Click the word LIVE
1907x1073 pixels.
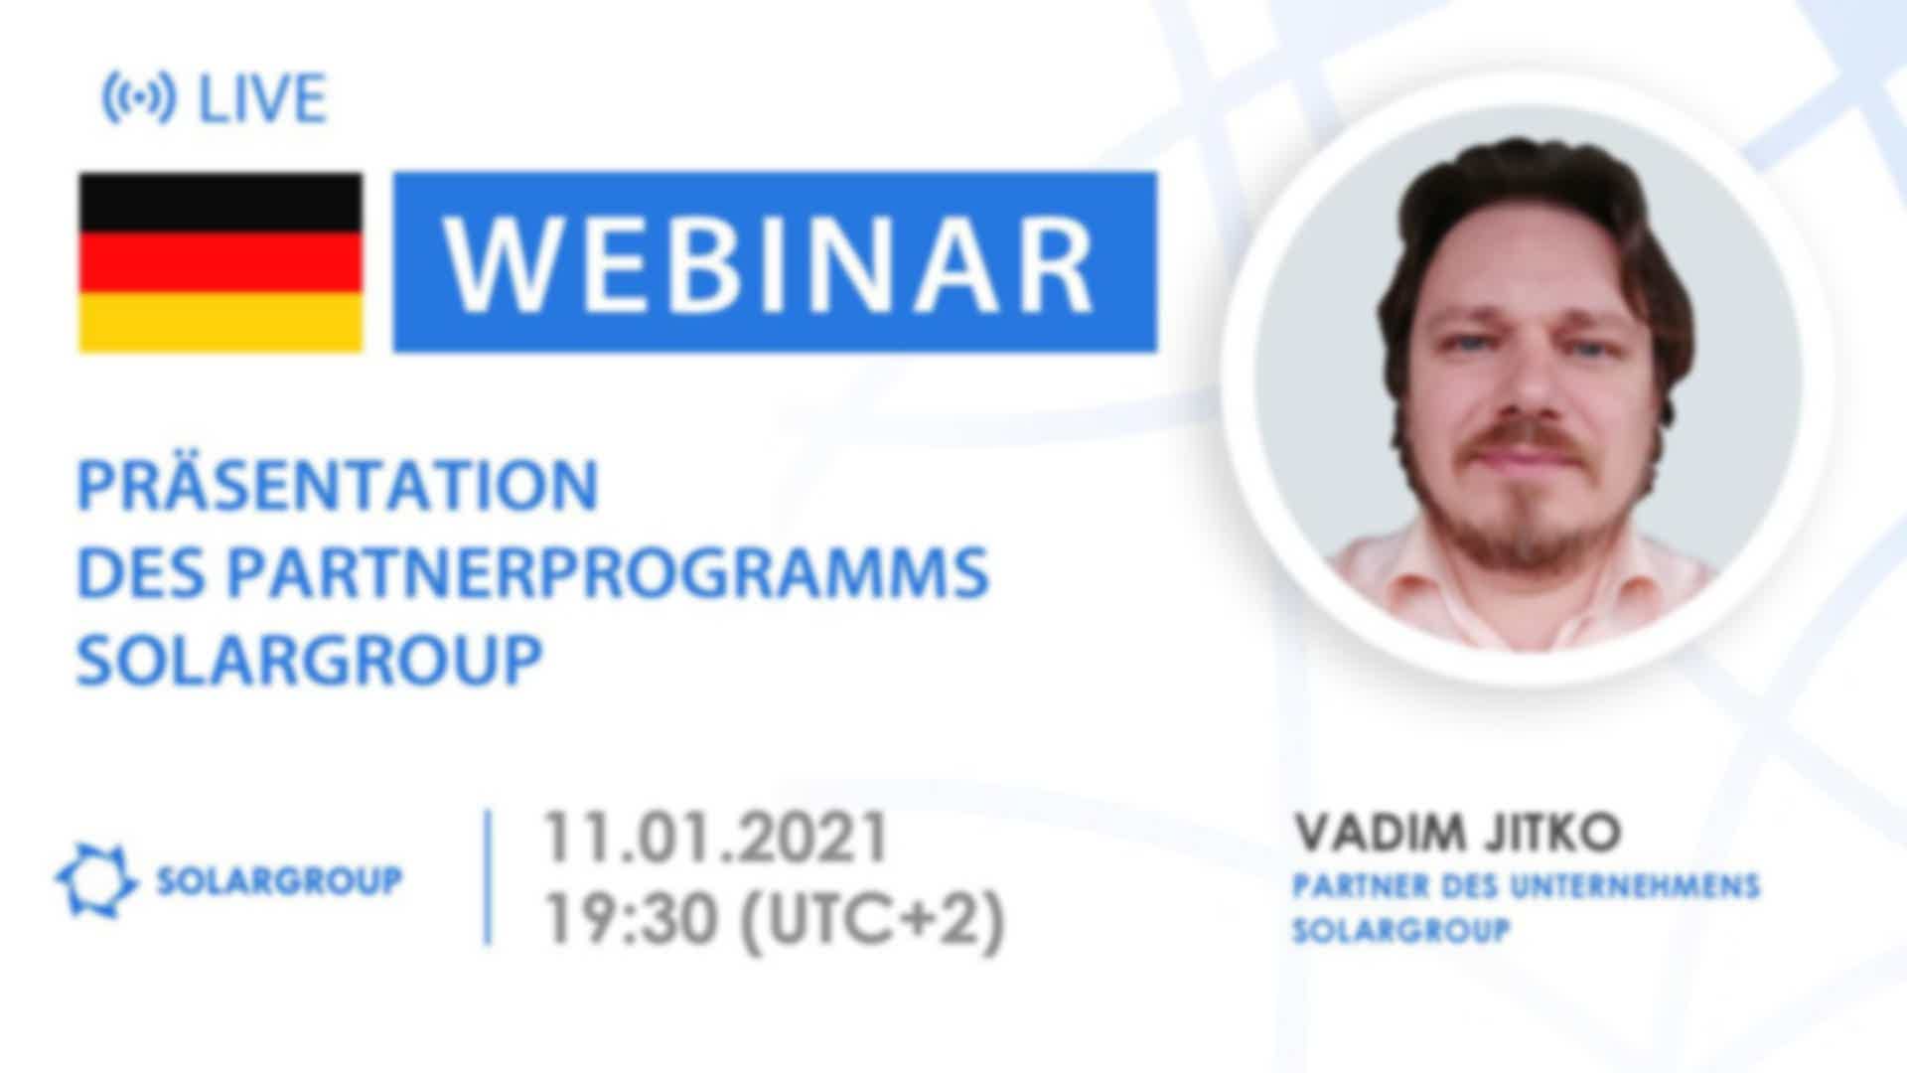[x=262, y=98]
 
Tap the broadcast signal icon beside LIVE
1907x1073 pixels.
[x=139, y=98]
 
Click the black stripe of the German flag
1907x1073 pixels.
[x=220, y=204]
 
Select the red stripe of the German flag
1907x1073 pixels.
[x=220, y=263]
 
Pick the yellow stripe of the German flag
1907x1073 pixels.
[x=220, y=322]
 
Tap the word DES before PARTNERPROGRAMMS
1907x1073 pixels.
[x=143, y=572]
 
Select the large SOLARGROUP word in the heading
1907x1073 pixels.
[x=310, y=660]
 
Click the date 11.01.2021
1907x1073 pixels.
[x=715, y=837]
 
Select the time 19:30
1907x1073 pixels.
[x=630, y=919]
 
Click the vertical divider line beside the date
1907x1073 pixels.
[x=488, y=877]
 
